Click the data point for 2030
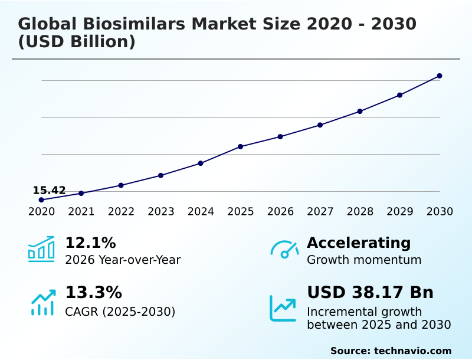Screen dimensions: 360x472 point(440,76)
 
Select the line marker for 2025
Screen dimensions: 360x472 point(241,146)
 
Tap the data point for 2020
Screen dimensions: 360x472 point(41,200)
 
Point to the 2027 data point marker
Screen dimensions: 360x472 point(320,125)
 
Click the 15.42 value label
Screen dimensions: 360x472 point(49,190)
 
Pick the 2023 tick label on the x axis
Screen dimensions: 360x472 point(161,212)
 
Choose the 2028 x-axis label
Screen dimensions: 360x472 point(360,212)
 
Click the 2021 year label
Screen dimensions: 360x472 point(81,212)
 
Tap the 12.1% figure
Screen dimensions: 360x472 point(90,243)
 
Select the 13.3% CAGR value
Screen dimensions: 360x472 point(93,293)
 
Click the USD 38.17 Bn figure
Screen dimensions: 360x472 point(370,293)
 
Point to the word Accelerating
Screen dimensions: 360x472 point(359,243)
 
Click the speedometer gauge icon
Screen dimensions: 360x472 point(284,250)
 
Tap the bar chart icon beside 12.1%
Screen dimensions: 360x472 point(41,249)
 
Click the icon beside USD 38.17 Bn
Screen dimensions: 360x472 point(283,308)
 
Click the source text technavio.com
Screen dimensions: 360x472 point(412,351)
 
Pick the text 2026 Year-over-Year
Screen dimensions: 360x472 point(123,260)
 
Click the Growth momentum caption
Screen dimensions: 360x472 point(364,260)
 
